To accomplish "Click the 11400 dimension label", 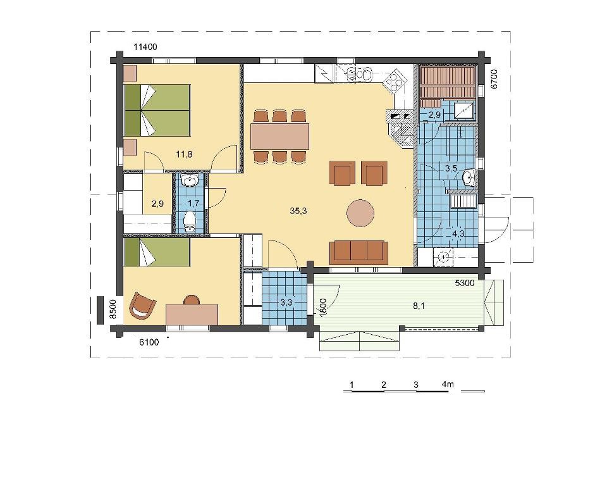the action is point(145,47).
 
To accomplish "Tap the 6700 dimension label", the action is point(494,80).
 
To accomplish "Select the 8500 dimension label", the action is point(113,309).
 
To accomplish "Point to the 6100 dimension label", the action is point(149,342).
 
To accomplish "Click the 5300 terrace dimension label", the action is point(465,283).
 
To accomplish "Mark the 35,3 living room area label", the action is point(298,211).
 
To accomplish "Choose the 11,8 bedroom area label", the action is point(184,154).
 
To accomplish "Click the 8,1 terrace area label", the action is point(419,306).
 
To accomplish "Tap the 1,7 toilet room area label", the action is point(193,203).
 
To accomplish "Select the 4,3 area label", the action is point(458,234).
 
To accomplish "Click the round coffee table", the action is point(360,213).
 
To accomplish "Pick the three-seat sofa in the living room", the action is point(359,252).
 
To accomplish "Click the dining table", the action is point(280,136).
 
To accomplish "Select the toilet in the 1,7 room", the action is point(189,221).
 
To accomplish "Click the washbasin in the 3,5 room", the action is point(469,178).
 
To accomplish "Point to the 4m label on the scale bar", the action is point(448,385).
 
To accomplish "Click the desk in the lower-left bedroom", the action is point(192,315).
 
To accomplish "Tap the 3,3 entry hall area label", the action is point(286,302).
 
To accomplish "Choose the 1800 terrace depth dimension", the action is point(324,308).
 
